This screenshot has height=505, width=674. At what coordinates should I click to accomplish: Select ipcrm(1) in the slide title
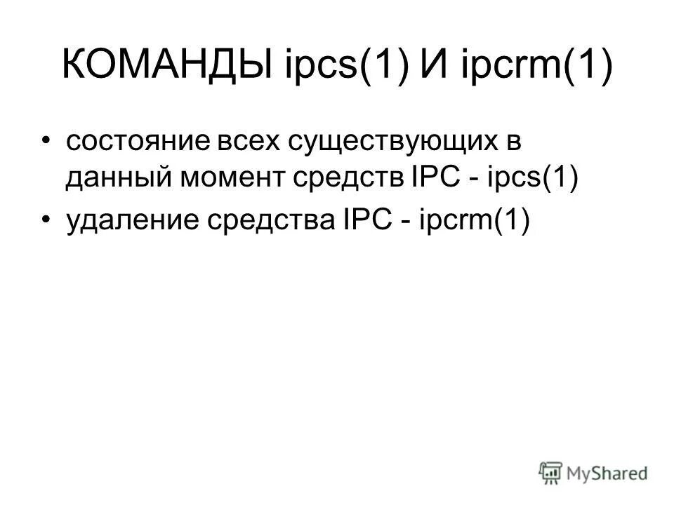coord(536,67)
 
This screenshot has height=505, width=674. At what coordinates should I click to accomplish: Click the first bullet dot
coord(47,141)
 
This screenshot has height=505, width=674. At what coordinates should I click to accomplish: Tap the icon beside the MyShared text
coord(551,473)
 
